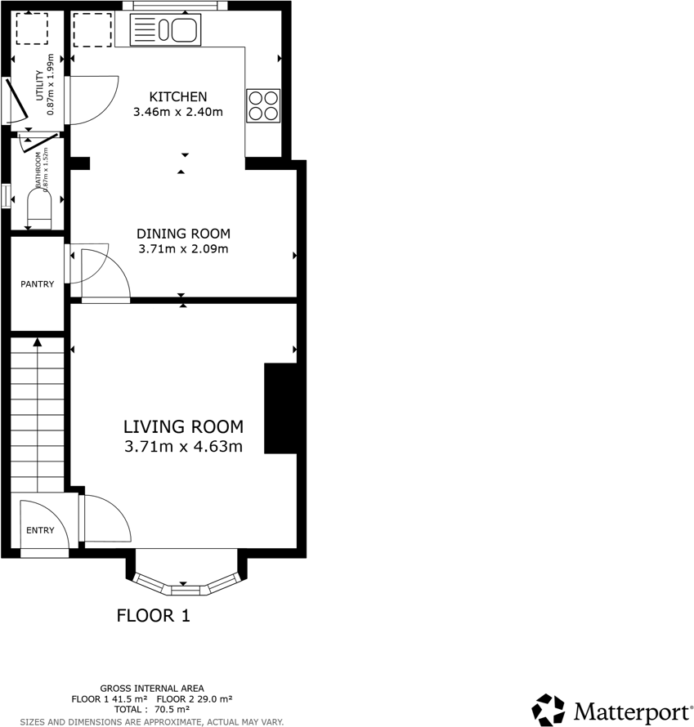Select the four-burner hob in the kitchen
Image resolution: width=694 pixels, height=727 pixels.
(x=263, y=105)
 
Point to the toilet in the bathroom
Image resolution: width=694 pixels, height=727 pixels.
(x=39, y=207)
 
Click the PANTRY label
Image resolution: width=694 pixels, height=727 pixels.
(x=38, y=284)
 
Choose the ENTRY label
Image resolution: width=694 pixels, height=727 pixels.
(x=40, y=530)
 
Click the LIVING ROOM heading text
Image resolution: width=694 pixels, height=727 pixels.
(x=183, y=426)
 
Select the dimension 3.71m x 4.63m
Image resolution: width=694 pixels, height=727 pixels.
(x=183, y=447)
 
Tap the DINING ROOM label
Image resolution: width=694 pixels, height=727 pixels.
(x=183, y=234)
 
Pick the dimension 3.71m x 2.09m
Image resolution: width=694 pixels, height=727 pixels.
(x=183, y=248)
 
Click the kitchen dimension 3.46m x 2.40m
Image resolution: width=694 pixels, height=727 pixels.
(x=177, y=112)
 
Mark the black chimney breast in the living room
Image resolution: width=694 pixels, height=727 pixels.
(x=280, y=408)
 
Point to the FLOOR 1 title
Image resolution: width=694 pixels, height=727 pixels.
(x=154, y=616)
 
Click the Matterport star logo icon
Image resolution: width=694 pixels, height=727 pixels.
(x=548, y=710)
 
